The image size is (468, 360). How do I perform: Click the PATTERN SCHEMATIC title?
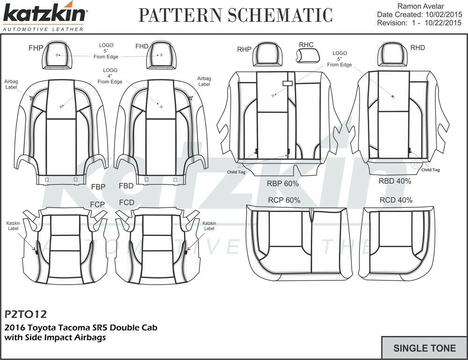tap(235, 15)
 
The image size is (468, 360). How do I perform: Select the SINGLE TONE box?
tap(424, 348)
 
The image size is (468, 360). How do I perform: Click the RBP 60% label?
tap(282, 183)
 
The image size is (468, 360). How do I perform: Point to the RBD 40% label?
tap(395, 181)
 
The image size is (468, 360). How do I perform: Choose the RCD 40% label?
tap(396, 200)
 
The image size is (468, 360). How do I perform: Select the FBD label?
tap(126, 186)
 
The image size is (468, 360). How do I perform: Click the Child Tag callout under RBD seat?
tap(430, 170)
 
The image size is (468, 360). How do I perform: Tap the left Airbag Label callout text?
tap(11, 84)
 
